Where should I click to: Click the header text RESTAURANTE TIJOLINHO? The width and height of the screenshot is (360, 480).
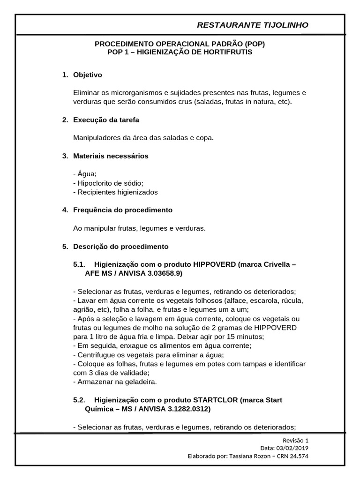click(253, 25)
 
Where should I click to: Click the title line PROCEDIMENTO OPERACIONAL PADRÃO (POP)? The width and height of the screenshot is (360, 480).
click(180, 44)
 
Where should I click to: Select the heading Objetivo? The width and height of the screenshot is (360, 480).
click(88, 75)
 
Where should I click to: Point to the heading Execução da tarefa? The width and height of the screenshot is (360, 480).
click(106, 120)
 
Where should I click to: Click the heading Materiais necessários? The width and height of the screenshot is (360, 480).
click(111, 156)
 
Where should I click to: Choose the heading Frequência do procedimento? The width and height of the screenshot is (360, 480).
click(123, 210)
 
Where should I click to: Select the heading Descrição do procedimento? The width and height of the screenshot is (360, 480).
click(120, 247)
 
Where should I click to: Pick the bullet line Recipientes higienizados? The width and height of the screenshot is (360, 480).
click(115, 192)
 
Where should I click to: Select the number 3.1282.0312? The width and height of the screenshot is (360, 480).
click(186, 409)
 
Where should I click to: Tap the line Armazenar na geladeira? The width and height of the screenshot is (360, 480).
click(115, 382)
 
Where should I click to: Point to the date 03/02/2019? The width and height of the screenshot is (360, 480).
click(291, 448)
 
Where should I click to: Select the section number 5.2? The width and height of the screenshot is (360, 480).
click(79, 400)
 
